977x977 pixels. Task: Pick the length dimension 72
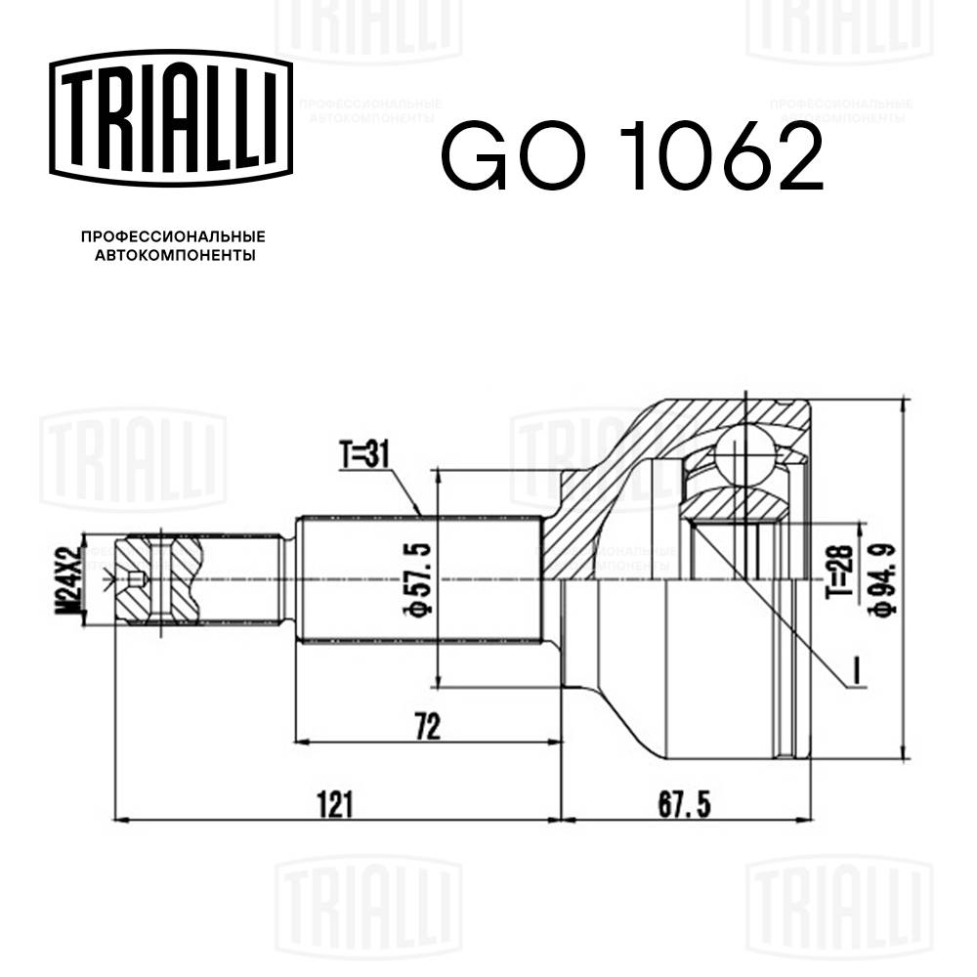coord(427,726)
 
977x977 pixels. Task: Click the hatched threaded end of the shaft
coord(156,578)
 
